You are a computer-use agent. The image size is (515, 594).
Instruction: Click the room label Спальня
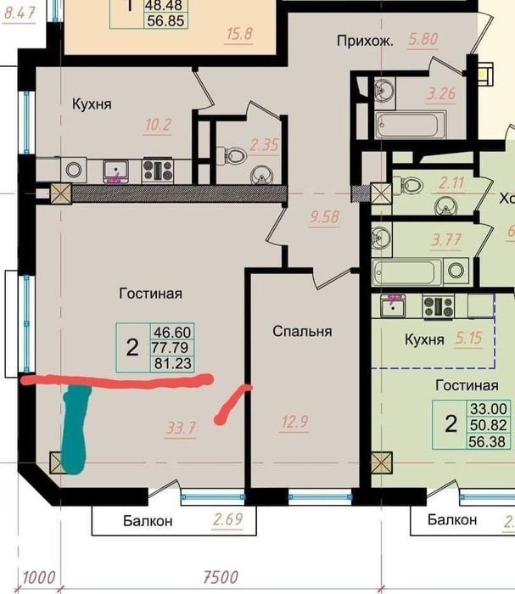coord(302,332)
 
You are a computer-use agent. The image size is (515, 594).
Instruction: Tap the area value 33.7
coord(181,429)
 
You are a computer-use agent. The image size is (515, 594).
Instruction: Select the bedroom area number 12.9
coord(295,421)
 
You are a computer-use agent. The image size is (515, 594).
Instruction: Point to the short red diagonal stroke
coord(232,404)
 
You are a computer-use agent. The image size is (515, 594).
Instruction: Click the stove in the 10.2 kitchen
coord(158,170)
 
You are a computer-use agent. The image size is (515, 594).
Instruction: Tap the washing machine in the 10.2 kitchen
coord(74,170)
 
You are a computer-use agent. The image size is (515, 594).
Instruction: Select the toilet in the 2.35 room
coord(234,155)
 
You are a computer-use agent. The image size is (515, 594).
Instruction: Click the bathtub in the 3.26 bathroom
coord(411,125)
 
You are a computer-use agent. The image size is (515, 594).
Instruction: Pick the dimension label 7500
coord(221,577)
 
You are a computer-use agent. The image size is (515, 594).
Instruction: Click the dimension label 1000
coord(39,578)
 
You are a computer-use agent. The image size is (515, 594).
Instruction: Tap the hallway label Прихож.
coord(365,41)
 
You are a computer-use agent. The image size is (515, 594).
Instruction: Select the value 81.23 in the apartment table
coord(173,364)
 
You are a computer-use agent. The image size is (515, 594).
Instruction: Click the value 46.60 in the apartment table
coord(172,333)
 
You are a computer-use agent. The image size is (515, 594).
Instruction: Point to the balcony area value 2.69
coord(227,518)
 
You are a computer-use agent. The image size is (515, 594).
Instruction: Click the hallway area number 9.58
coord(324,217)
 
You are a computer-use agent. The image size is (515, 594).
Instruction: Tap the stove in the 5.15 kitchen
coord(439,306)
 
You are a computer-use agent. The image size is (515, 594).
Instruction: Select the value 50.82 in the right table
coord(489,425)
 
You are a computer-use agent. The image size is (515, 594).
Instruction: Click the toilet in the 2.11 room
coord(413,185)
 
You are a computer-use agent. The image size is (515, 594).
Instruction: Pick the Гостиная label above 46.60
coord(151,294)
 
